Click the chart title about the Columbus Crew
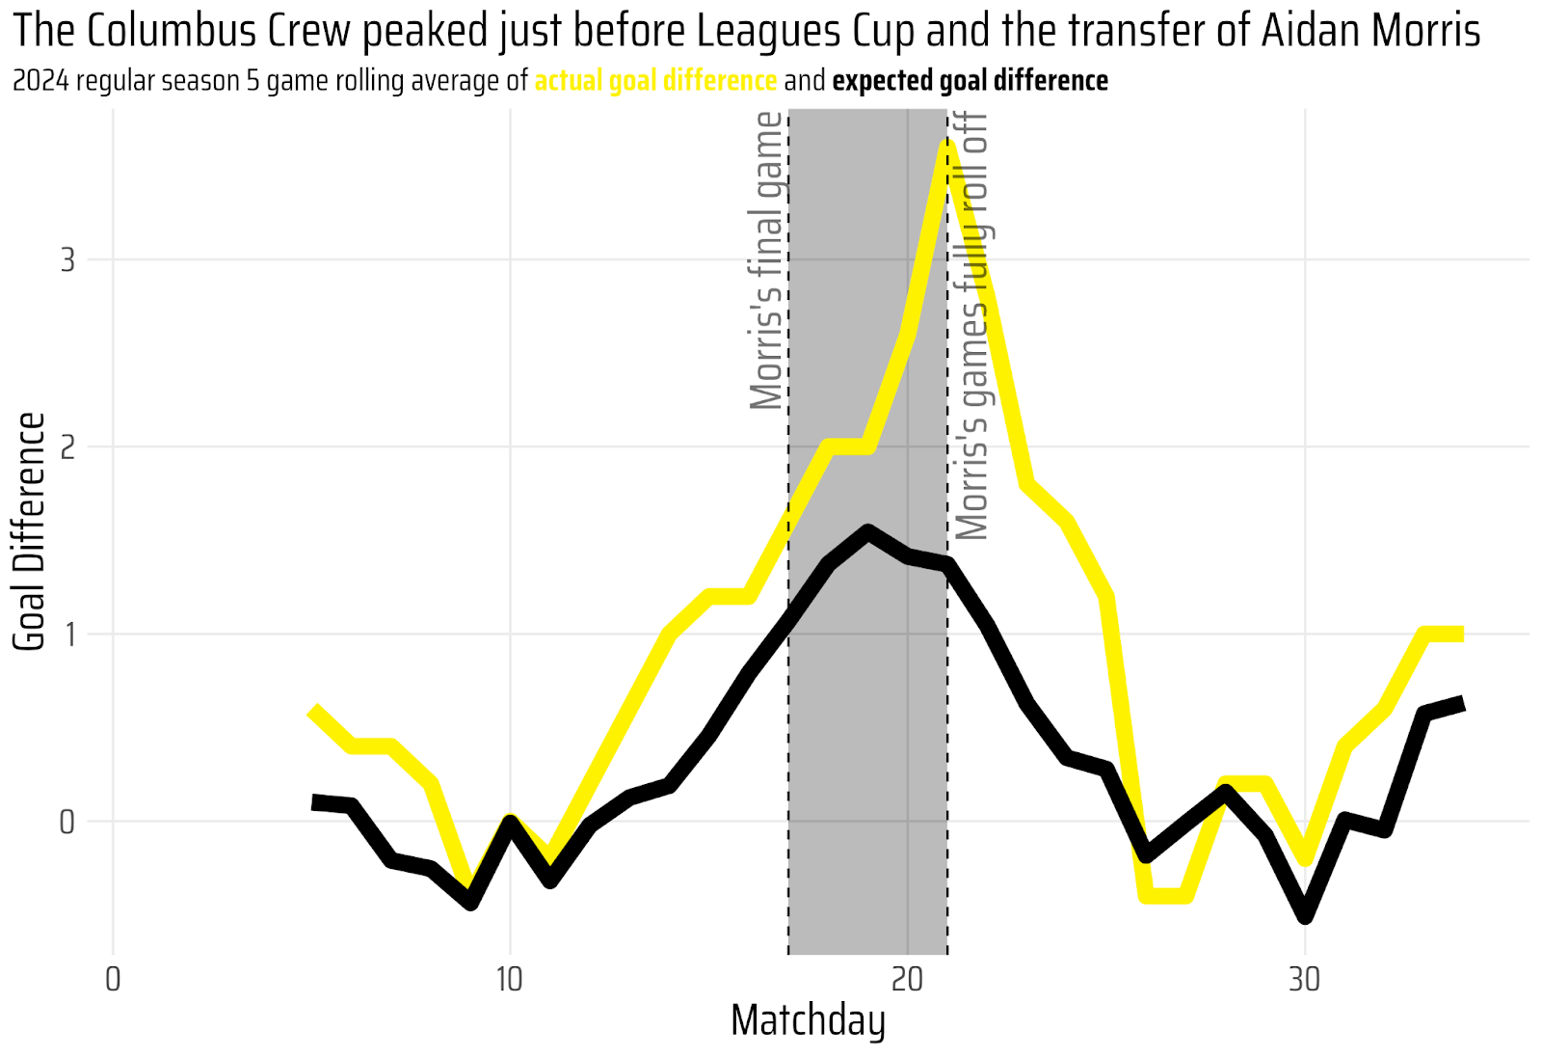point(747,31)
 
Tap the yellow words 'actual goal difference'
point(655,81)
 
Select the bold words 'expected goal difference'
point(970,81)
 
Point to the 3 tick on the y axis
point(67,260)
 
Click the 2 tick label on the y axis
point(67,447)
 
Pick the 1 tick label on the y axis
point(68,635)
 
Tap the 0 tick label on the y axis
point(67,822)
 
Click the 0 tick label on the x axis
point(112,979)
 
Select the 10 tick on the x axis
point(510,979)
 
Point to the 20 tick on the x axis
point(907,979)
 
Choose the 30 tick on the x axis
point(1305,979)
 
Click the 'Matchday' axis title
point(808,1021)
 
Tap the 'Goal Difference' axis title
point(29,531)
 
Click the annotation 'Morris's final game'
point(766,260)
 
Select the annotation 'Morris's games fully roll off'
point(972,326)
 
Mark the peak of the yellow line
point(947,145)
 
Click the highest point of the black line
point(867,531)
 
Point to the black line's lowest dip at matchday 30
point(1305,916)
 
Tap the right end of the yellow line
point(1461,634)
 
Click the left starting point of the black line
point(314,802)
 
